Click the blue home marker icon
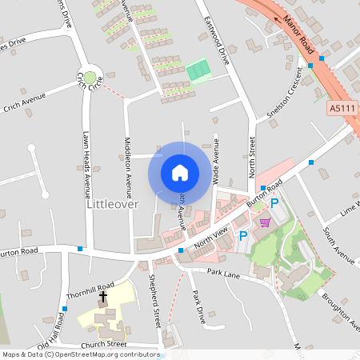[x=180, y=172]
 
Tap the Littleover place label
[x=111, y=204]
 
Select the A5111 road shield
[x=341, y=107]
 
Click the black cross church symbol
[x=103, y=297]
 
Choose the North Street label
[x=252, y=157]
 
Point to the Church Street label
[x=104, y=344]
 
